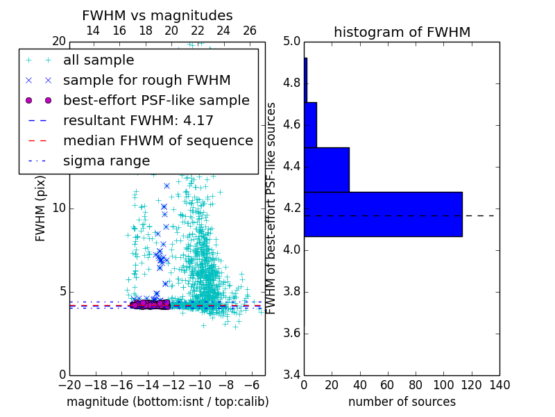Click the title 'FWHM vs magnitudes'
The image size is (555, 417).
[x=157, y=15]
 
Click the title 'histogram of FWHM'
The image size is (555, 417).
[x=402, y=32]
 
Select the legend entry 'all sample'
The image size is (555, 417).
[x=99, y=60]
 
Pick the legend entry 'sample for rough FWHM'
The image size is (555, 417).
[x=146, y=80]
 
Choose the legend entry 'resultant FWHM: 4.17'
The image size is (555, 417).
[x=138, y=120]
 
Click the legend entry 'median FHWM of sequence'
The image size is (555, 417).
[x=157, y=140]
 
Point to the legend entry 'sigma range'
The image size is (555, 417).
[x=106, y=161]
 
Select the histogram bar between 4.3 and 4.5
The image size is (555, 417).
[x=326, y=170]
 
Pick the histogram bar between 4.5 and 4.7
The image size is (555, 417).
[x=310, y=125]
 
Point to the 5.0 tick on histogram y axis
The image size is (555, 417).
[x=291, y=42]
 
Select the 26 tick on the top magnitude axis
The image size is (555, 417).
[x=250, y=31]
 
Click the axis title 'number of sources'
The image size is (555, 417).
[x=402, y=402]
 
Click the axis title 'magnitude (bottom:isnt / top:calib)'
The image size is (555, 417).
[x=167, y=402]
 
